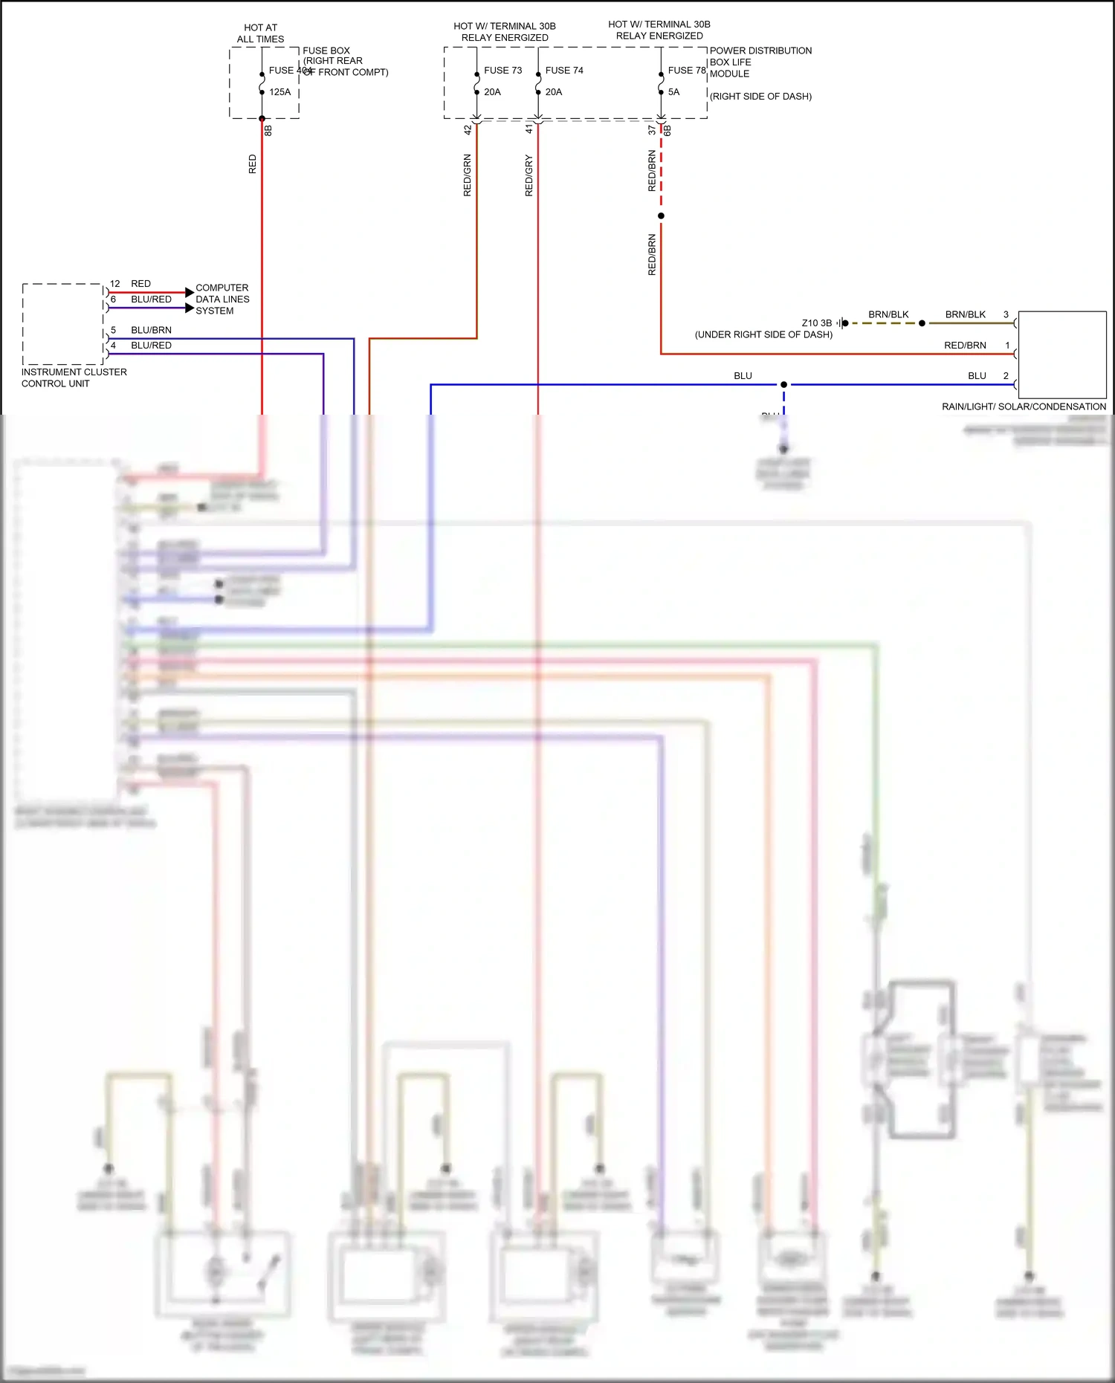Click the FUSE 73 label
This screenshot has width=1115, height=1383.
pos(502,71)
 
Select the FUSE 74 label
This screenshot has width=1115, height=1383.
pos(564,71)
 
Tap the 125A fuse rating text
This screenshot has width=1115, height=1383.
pos(279,92)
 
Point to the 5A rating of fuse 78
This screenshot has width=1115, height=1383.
pos(673,92)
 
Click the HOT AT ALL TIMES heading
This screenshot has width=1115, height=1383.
pos(260,33)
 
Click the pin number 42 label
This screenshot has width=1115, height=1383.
pos(468,129)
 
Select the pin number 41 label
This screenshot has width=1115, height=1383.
pos(529,129)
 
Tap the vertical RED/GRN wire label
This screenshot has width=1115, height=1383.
pos(468,175)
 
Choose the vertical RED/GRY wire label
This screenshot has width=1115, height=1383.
pos(529,175)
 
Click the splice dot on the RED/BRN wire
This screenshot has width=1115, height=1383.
pos(661,216)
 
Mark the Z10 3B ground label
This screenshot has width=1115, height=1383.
pos(816,323)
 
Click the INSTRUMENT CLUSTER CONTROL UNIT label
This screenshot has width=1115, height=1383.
pos(74,378)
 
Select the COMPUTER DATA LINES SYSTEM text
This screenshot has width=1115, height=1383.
pos(222,299)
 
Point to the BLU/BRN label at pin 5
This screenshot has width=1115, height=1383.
pos(151,330)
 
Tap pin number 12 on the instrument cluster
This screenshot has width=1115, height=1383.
pos(114,284)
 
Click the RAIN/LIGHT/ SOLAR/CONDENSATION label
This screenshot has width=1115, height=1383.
pos(1024,407)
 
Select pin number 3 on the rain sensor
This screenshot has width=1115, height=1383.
pos(1006,314)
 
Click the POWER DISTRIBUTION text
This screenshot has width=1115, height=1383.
pos(760,51)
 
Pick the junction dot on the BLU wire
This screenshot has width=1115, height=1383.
pos(783,385)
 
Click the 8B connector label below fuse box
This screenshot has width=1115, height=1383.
pos(268,131)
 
